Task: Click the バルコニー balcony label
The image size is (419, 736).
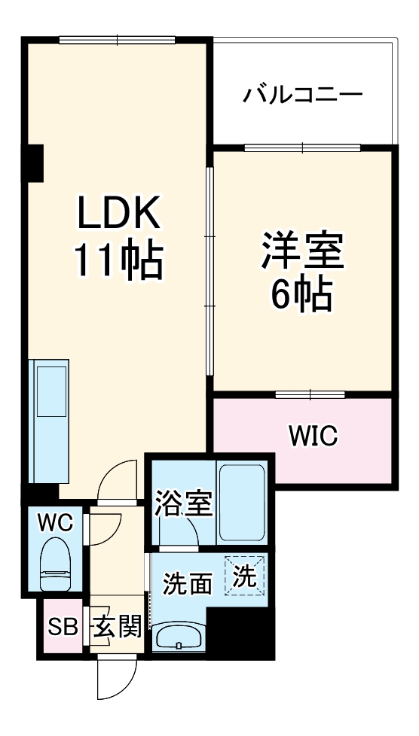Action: tap(303, 96)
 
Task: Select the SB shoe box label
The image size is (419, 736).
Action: tap(63, 625)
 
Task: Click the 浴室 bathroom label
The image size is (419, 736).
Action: tap(183, 504)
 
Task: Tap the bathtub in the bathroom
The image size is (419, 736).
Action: tap(241, 503)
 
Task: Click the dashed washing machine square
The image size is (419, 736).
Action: tap(244, 576)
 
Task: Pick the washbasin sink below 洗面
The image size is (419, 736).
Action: tap(180, 637)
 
